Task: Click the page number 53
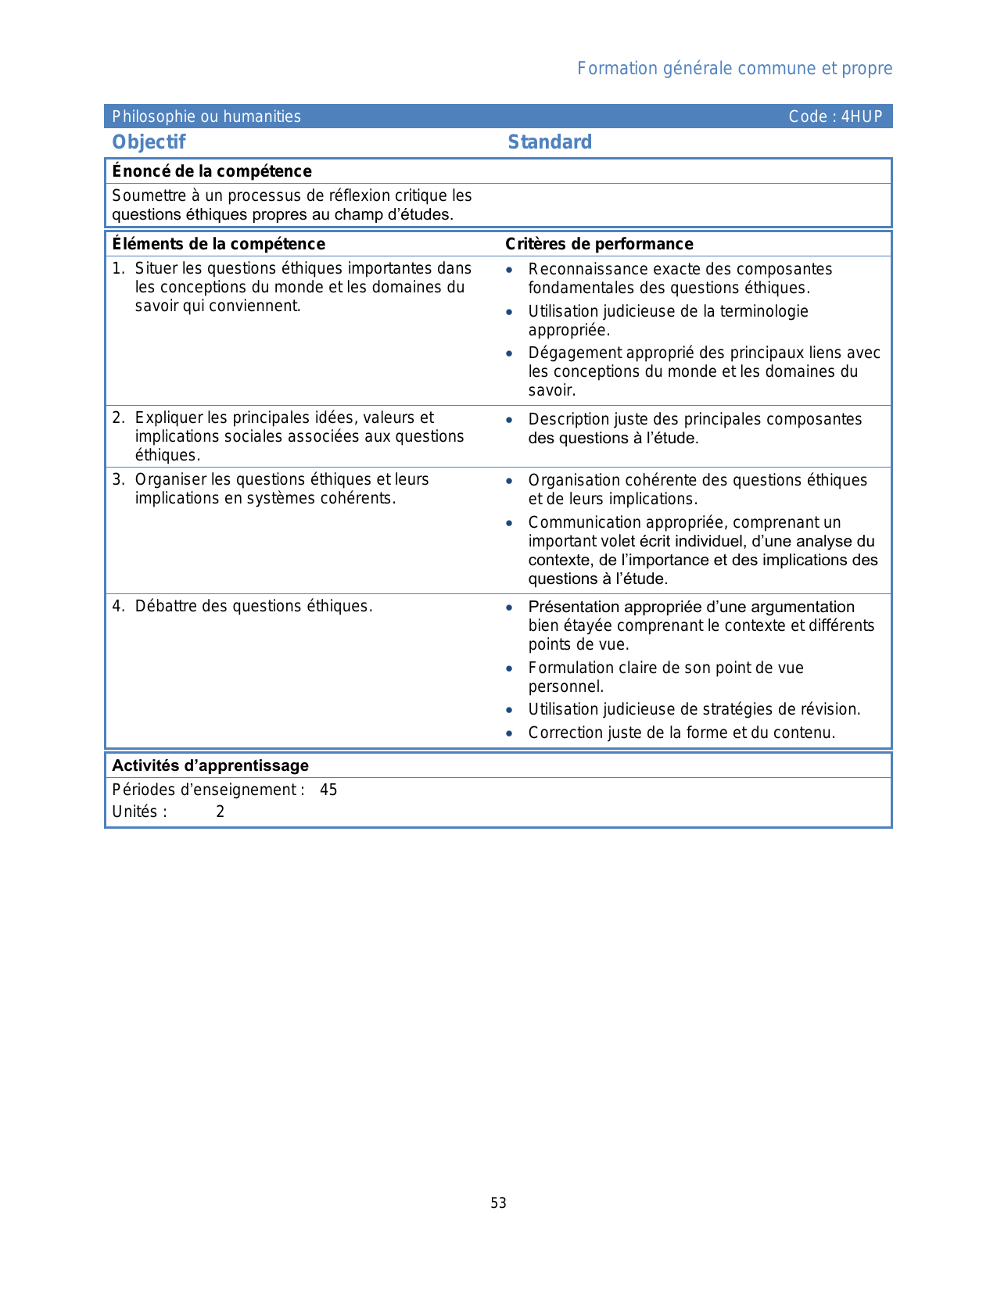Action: coord(498,1203)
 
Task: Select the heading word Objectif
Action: coord(149,142)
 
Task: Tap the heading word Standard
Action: coord(550,142)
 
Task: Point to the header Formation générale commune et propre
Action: coord(734,68)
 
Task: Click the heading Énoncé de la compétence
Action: coord(212,171)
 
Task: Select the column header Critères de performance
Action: coord(599,244)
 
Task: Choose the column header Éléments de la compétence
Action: coord(218,244)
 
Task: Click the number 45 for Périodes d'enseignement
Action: coord(328,790)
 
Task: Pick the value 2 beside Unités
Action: coord(221,812)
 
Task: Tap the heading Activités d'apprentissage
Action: coord(210,765)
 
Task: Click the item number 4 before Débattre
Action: coord(117,606)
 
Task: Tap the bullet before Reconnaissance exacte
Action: coord(509,270)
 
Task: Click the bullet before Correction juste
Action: coord(509,733)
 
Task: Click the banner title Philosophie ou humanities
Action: coord(206,116)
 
